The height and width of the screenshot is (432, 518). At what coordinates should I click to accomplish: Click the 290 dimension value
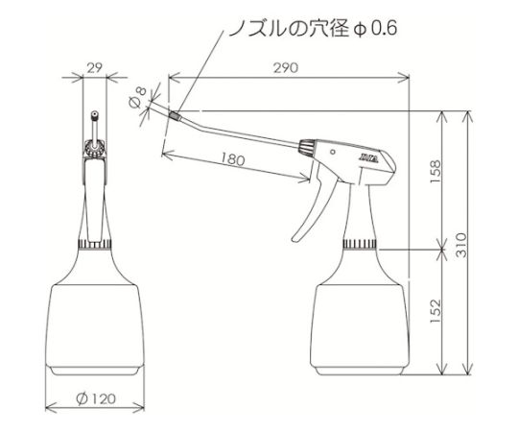coord(286,68)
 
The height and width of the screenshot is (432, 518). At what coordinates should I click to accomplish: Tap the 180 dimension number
coord(233,159)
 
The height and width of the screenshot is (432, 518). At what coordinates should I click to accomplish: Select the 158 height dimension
coord(436,172)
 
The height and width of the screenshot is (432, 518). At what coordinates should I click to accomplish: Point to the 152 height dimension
coord(436,311)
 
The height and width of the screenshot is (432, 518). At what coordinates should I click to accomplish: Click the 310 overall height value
coord(461,245)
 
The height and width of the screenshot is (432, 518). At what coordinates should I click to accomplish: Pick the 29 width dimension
coord(94,68)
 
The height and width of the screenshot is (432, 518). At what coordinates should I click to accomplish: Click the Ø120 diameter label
coord(96,398)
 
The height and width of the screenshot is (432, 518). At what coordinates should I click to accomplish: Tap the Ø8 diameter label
coord(138,97)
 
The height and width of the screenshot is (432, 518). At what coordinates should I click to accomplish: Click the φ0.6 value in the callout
coord(375,29)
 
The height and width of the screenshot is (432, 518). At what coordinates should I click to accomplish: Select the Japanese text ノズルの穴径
coord(289,29)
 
